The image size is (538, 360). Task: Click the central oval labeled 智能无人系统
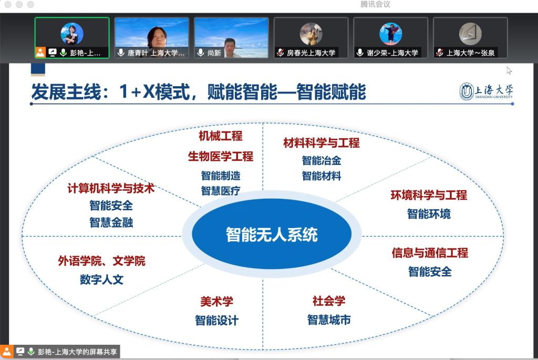[x=272, y=234]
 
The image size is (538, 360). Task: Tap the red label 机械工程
[x=221, y=136]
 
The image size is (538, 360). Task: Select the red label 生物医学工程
[x=221, y=157]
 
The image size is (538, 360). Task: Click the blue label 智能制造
[x=221, y=176]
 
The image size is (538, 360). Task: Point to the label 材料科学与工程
[x=322, y=143]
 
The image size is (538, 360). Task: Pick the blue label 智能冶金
[x=322, y=160]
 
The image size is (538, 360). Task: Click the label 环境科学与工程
[x=429, y=196]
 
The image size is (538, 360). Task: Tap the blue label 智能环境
[x=429, y=214]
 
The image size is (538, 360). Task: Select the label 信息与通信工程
[x=430, y=253]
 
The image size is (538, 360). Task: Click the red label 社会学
[x=329, y=301]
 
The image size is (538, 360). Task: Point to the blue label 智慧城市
[x=329, y=320]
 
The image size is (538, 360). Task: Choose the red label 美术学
[x=216, y=302]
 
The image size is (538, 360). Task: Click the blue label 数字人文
[x=101, y=280]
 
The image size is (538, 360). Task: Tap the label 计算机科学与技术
[x=111, y=188]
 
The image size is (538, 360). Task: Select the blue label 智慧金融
[x=111, y=222]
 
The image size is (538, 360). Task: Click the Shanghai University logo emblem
[x=467, y=91]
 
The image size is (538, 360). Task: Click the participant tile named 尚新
[x=231, y=38]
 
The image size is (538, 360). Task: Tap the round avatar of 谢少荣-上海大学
[x=390, y=34]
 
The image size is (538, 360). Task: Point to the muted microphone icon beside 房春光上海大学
[x=281, y=53]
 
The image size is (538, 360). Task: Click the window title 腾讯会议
[x=375, y=4]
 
